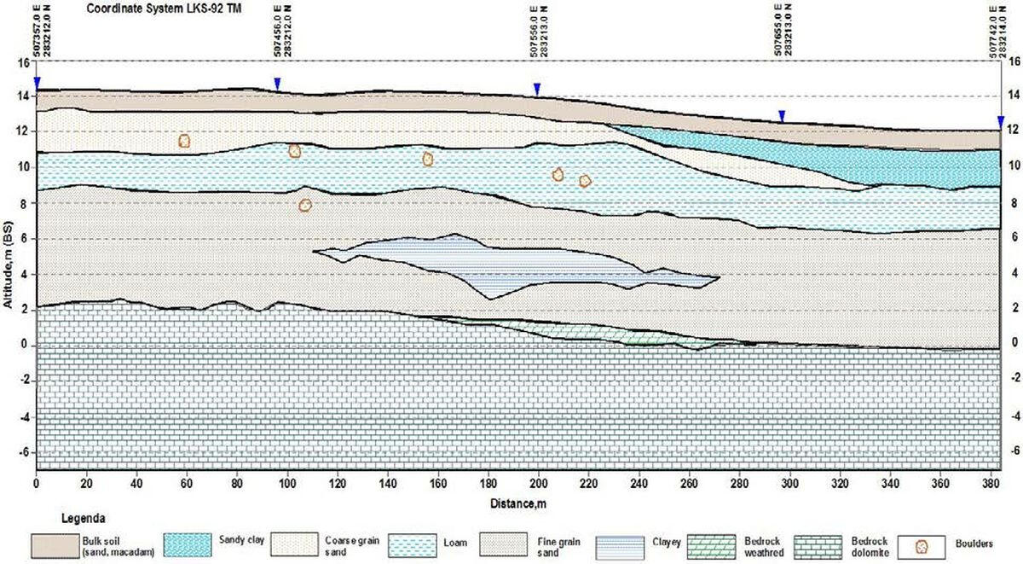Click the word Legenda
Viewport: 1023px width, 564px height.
(x=83, y=518)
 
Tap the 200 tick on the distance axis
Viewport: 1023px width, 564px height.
(x=538, y=483)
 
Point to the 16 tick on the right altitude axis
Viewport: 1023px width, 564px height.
(x=1014, y=61)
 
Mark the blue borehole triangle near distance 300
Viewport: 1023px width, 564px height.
(x=782, y=116)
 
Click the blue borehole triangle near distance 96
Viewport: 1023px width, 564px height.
(x=277, y=83)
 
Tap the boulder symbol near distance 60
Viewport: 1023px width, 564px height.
(x=183, y=141)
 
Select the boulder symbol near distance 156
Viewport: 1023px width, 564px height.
(x=428, y=159)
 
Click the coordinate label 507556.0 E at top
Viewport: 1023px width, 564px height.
(x=532, y=35)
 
